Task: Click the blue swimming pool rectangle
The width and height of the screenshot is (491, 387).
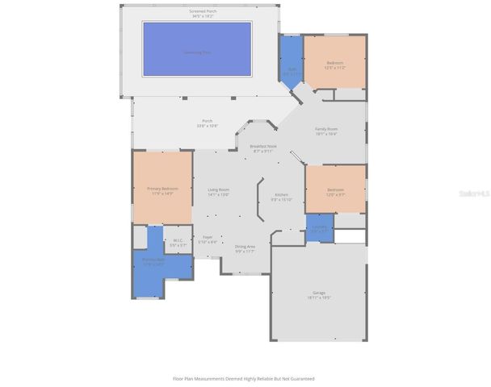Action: point(197,49)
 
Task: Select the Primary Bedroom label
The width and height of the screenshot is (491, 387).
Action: point(162,191)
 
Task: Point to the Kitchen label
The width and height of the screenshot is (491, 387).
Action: point(281,197)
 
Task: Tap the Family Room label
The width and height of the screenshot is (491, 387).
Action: point(326,131)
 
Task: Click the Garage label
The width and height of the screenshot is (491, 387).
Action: point(319,294)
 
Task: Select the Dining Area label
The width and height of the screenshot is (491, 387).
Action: point(245,248)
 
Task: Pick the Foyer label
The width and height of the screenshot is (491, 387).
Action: point(208,239)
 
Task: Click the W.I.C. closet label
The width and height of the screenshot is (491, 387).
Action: point(178,242)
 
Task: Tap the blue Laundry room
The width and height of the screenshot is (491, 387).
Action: point(320,227)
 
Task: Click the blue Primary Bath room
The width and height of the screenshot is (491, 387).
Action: point(154,262)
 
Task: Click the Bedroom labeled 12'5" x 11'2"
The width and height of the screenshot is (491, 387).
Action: point(335,65)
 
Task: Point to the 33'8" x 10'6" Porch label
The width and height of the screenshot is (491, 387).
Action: point(208,123)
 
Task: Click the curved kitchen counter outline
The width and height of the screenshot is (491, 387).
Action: point(258,198)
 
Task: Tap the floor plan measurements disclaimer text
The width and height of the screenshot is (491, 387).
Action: point(244,378)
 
